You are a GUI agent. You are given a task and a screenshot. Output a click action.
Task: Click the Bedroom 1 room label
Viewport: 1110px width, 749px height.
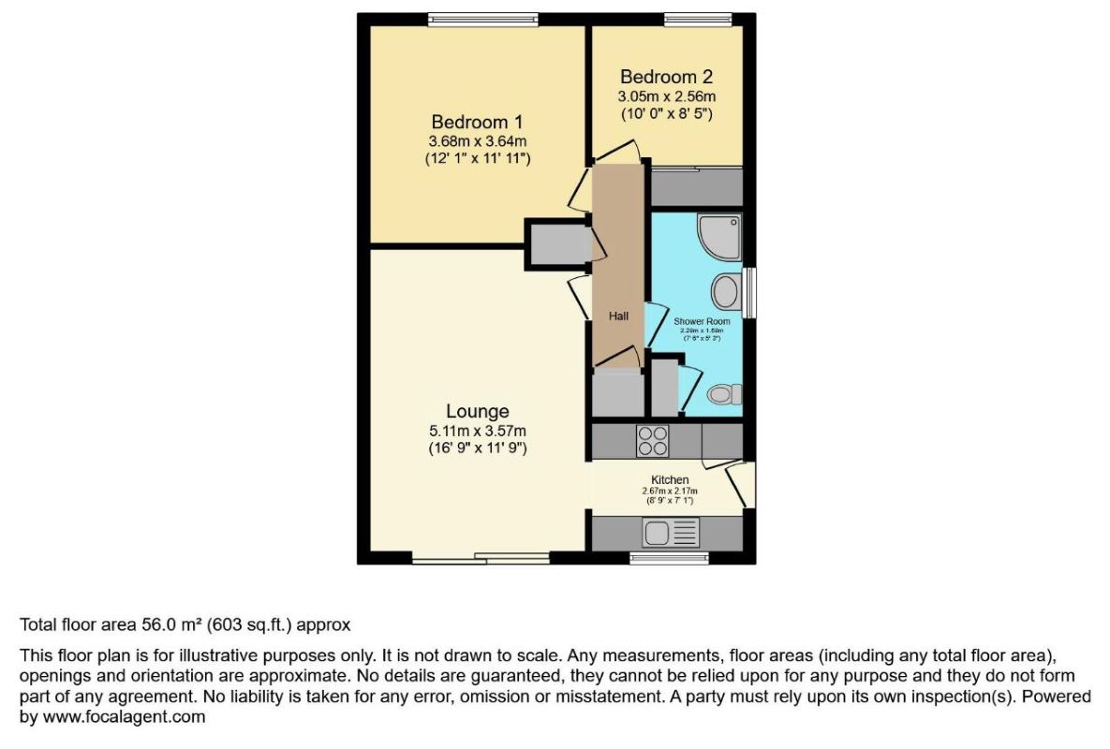click(x=477, y=122)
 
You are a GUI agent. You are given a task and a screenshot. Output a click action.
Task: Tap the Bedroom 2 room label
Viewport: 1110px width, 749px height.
click(x=666, y=77)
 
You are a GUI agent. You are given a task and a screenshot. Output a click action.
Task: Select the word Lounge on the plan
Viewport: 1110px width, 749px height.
click(x=477, y=411)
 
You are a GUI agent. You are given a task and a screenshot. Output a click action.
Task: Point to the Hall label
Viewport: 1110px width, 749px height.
click(x=618, y=316)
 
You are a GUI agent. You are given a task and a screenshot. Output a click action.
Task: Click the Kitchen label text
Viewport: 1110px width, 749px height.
click(x=670, y=479)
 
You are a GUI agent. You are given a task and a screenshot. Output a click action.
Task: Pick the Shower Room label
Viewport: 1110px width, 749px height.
click(x=702, y=321)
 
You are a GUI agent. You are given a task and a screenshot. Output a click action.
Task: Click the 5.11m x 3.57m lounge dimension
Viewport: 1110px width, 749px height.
click(x=477, y=431)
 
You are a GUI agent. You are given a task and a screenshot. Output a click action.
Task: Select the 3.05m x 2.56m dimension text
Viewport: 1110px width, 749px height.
click(x=666, y=96)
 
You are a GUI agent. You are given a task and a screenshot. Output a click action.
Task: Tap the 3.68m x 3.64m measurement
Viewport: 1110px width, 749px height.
click(x=477, y=141)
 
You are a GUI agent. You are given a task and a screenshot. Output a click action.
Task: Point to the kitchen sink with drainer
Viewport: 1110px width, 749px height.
click(x=671, y=534)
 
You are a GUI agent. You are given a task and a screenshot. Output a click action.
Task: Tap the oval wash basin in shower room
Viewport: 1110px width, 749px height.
click(x=725, y=291)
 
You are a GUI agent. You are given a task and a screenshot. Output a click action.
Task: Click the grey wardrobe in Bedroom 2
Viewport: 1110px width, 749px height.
click(x=696, y=187)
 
